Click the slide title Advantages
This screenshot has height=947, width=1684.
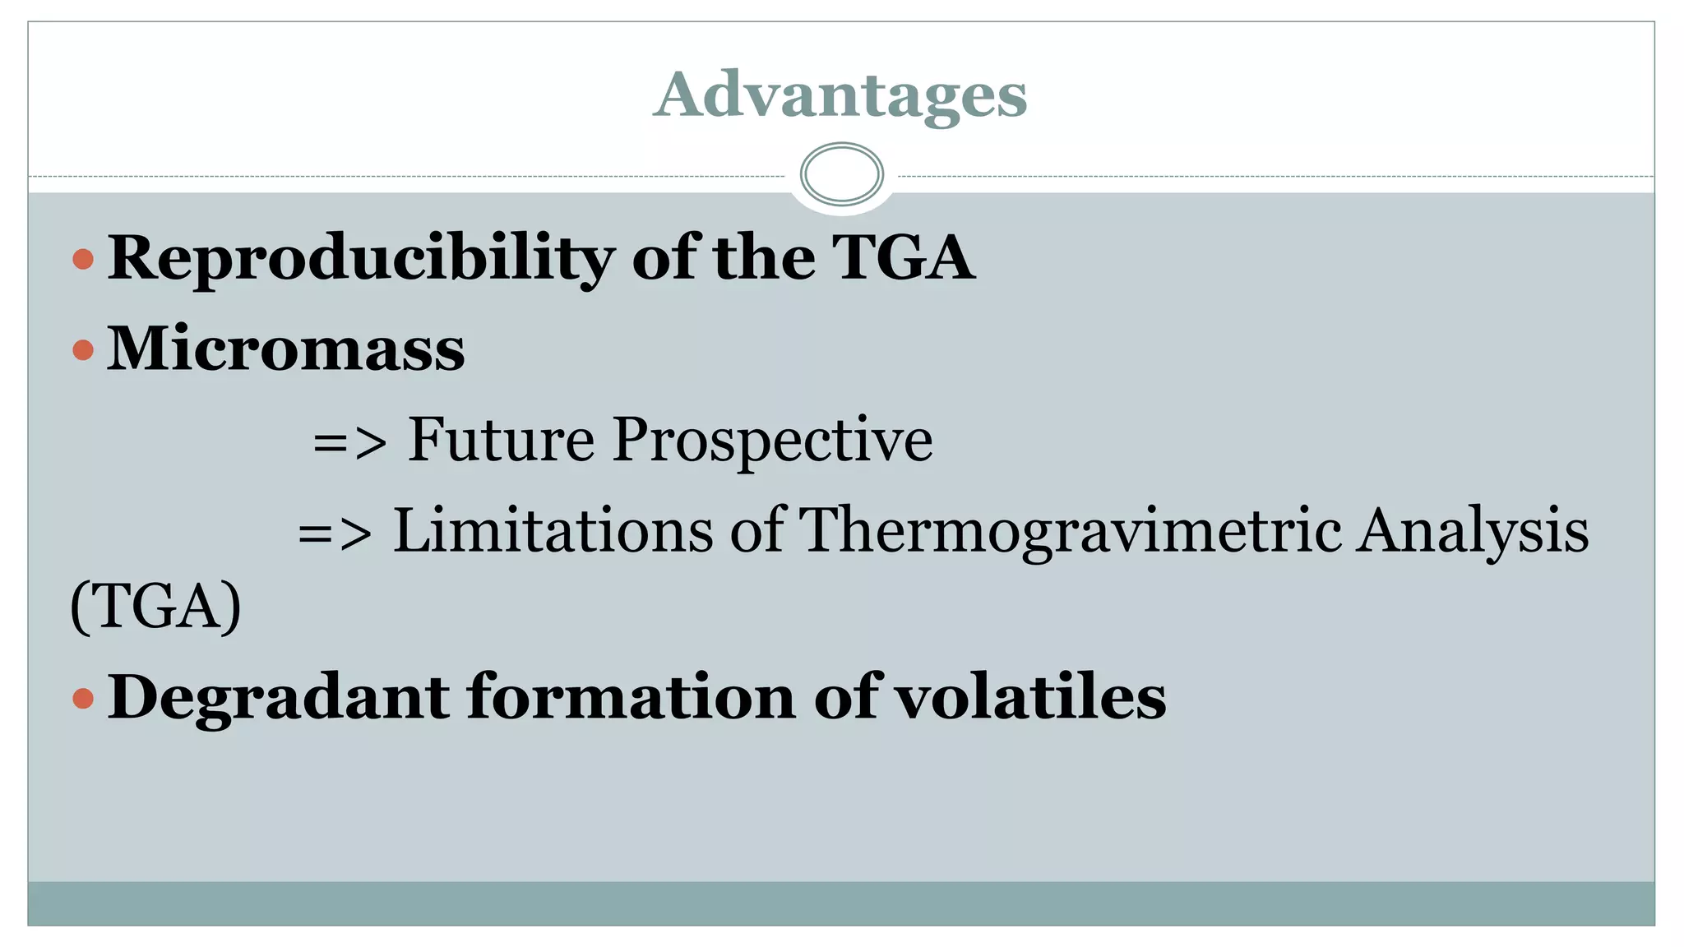(840, 95)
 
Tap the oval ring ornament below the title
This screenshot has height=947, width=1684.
(841, 174)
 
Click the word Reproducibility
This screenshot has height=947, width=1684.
(361, 259)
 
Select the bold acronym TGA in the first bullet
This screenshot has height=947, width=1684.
(903, 258)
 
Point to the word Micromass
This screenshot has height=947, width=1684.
(286, 349)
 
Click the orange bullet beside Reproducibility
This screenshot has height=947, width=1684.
(83, 260)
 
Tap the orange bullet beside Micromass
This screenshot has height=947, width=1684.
(83, 351)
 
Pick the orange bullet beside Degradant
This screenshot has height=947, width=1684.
(83, 699)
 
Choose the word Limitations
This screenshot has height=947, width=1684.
(553, 530)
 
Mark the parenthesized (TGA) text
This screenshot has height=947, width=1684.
(156, 607)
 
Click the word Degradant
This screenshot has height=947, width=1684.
(279, 697)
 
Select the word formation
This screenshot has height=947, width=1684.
(631, 697)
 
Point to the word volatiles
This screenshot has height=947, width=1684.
(1029, 697)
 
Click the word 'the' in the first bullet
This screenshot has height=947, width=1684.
(764, 258)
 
